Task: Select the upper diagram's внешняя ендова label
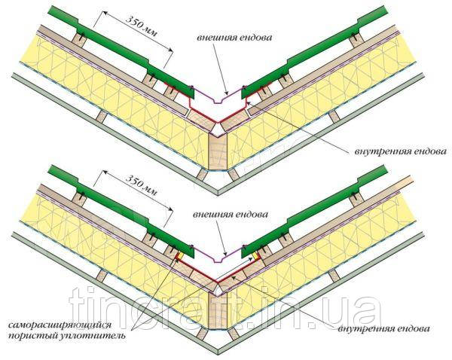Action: click(234, 38)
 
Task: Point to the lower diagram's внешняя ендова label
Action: click(231, 215)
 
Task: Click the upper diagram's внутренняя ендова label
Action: click(401, 151)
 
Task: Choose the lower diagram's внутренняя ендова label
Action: click(383, 328)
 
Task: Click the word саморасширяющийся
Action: click(60, 325)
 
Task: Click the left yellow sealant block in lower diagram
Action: click(179, 256)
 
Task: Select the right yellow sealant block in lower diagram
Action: click(256, 256)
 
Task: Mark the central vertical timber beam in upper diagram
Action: click(218, 152)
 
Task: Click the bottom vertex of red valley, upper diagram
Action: click(218, 122)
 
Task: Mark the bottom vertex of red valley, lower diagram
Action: click(218, 282)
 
